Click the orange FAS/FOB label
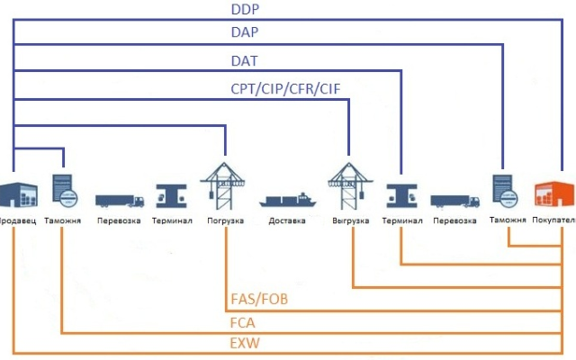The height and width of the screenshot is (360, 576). pyautogui.click(x=260, y=299)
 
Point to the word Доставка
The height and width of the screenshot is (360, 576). pyautogui.click(x=288, y=220)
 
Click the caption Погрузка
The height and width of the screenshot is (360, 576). pyautogui.click(x=224, y=220)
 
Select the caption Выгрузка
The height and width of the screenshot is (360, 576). pyautogui.click(x=351, y=220)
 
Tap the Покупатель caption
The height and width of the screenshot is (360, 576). pyautogui.click(x=554, y=220)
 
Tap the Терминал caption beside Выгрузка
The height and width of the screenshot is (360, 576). pyautogui.click(x=400, y=220)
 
